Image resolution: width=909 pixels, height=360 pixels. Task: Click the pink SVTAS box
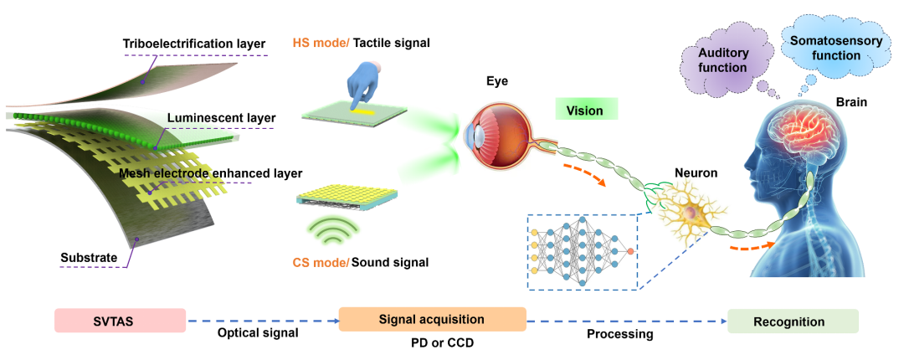pyautogui.click(x=119, y=321)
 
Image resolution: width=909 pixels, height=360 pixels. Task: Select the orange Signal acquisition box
pyautogui.click(x=432, y=320)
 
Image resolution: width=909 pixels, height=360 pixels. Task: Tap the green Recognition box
pyautogui.click(x=788, y=321)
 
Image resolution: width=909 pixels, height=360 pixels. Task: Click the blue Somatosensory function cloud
pyautogui.click(x=824, y=46)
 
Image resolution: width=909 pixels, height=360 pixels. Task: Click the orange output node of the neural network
pyautogui.click(x=629, y=249)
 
